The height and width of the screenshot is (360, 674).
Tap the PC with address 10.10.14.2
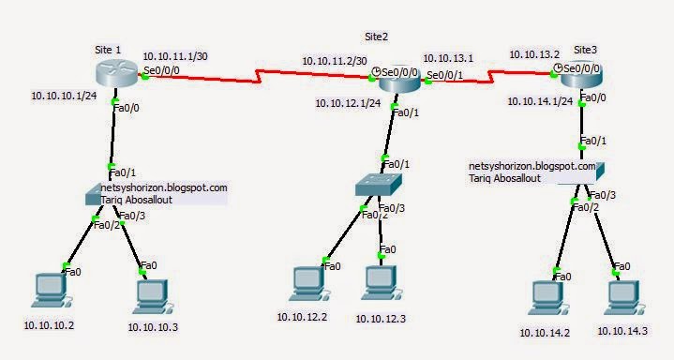(547, 296)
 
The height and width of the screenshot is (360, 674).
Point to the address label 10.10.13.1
(448, 58)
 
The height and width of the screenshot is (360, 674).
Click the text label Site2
(376, 36)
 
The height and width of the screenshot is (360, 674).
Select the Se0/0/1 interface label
(446, 75)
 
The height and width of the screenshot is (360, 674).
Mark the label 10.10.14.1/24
(540, 100)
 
